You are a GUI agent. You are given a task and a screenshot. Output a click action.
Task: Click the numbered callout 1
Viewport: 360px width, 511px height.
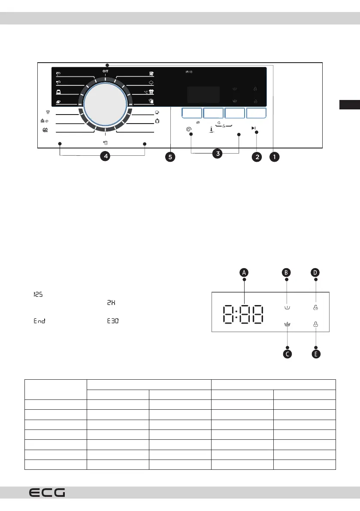coord(274,157)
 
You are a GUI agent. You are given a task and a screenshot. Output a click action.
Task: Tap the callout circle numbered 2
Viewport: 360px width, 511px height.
coord(257,157)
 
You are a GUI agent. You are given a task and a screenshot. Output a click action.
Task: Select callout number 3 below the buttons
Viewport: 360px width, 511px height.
coord(217,153)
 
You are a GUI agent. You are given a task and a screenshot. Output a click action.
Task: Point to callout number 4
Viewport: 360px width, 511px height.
coord(106,156)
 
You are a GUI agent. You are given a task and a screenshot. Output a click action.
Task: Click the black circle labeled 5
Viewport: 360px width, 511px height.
coord(170,157)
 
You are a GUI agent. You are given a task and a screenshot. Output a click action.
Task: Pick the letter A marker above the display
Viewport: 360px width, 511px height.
coord(244,272)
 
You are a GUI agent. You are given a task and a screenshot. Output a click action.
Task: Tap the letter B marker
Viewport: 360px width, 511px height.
coord(286,272)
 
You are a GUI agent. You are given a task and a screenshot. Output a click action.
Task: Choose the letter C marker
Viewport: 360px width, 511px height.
coord(287,354)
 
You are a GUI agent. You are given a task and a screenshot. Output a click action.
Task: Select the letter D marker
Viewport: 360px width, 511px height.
coord(315,272)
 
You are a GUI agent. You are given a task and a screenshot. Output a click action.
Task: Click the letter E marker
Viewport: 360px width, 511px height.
coord(316,354)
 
